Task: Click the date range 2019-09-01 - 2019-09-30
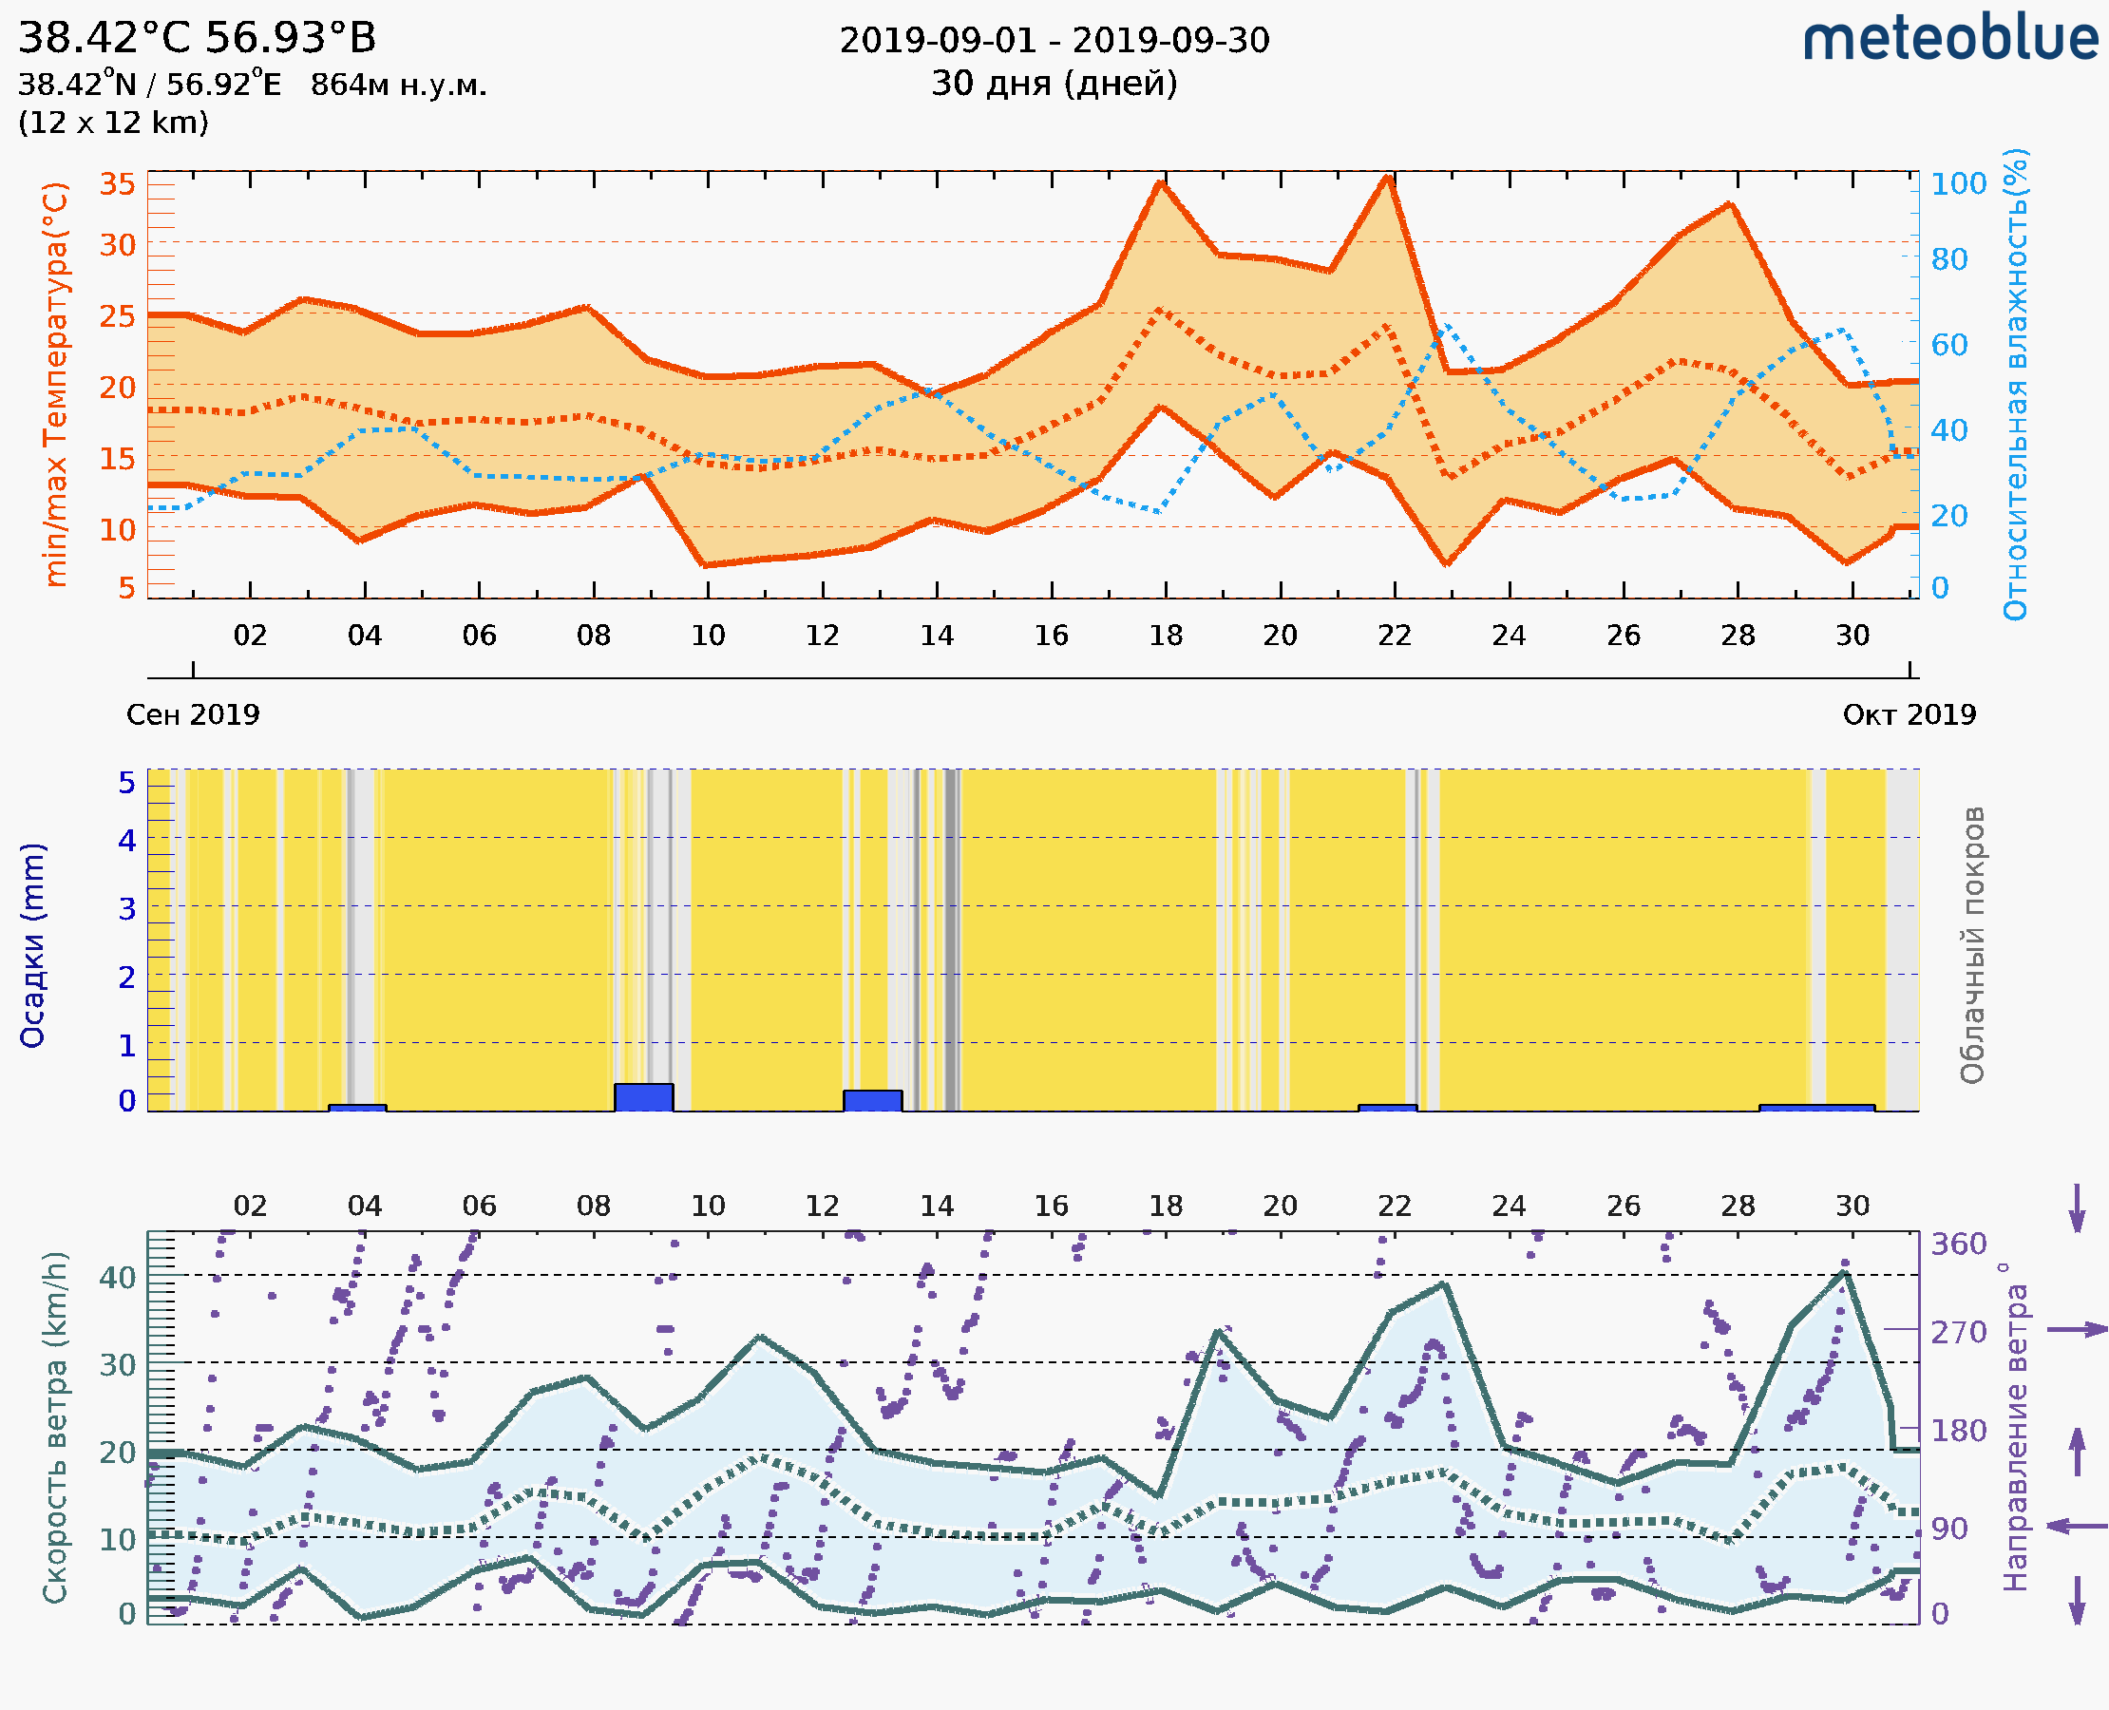coord(1054,42)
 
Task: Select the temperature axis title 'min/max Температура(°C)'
coord(56,384)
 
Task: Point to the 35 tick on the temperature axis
coord(117,184)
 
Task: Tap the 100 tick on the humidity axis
coord(1958,184)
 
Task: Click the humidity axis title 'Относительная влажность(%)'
coord(2015,384)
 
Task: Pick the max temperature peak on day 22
coord(1388,178)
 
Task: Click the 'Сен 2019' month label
coord(193,714)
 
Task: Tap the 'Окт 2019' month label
coord(1909,714)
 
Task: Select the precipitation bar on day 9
coord(643,1097)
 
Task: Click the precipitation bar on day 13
coord(872,1100)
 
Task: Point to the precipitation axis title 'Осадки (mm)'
coord(32,945)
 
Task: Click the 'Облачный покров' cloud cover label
coord(1972,945)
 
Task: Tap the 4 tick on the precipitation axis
coord(127,840)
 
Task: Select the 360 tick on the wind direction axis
coord(1958,1244)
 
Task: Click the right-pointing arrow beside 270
coord(2077,1330)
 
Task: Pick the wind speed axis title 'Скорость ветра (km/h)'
coord(55,1428)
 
